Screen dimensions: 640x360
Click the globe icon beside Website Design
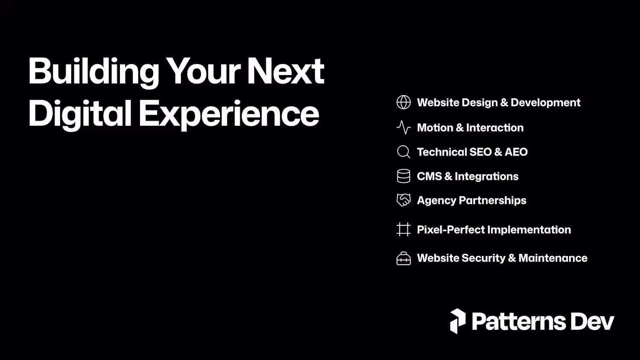tap(404, 102)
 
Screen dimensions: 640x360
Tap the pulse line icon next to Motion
tap(404, 128)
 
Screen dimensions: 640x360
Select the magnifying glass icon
tap(404, 152)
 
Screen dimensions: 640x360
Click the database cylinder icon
tap(404, 176)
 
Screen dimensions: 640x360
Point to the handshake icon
tap(404, 200)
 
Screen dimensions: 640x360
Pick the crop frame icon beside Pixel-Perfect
tap(404, 229)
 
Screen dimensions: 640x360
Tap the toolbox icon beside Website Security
tap(404, 258)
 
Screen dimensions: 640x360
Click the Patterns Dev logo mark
tap(458, 321)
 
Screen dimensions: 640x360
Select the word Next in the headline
tap(286, 71)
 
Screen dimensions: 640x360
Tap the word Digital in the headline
tap(80, 114)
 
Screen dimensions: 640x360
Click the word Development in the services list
tap(545, 103)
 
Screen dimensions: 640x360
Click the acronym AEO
tap(516, 152)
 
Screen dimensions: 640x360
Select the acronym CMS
tap(429, 176)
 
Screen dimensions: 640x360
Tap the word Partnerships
tap(492, 200)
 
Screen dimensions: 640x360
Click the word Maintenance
tap(553, 258)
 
